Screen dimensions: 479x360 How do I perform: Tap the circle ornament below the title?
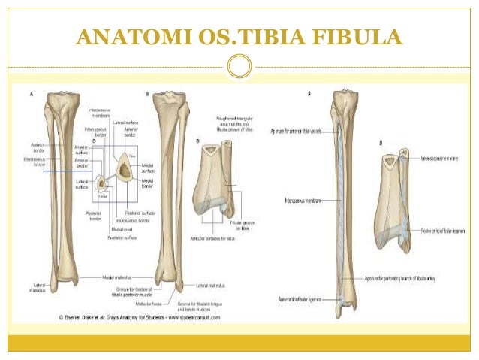point(239,67)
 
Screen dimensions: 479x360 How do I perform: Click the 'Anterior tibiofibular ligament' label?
point(300,299)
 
